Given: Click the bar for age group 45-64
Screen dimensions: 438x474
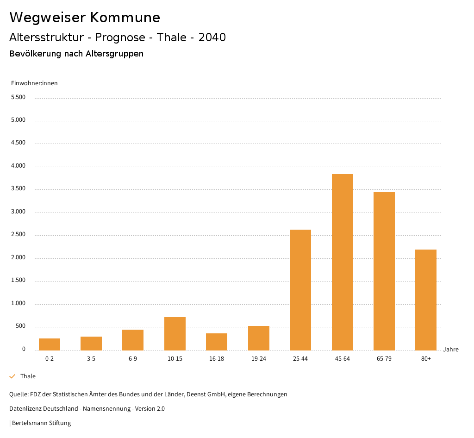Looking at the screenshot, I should point(342,262).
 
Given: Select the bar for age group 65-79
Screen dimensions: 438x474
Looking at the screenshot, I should point(384,271).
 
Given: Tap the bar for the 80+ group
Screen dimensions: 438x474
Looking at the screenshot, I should point(426,300).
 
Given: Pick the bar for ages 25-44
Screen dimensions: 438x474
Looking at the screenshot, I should point(300,290).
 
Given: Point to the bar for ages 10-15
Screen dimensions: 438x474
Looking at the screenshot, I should point(175,333).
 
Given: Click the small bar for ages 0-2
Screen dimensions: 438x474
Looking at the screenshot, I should point(50,344).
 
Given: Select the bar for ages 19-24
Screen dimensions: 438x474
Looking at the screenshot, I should point(259,338).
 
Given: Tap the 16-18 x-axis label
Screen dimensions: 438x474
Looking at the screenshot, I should point(217,359).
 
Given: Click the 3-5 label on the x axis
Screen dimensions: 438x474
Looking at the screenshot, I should point(91,359).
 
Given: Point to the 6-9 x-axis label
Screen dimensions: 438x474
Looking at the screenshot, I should point(133,359).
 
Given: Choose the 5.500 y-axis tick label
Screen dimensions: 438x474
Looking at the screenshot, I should point(18,97).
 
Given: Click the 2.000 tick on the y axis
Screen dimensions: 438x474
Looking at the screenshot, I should point(18,258).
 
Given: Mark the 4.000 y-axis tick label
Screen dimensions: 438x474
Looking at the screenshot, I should point(18,166).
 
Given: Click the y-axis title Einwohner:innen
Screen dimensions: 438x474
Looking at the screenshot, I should point(34,83).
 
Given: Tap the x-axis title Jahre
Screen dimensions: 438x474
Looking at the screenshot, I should point(451,350).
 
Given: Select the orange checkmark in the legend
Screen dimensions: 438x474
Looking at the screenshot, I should point(12,376).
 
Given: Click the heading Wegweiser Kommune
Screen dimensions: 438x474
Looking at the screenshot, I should point(85,18).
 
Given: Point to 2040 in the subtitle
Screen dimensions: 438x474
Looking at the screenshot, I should point(212,38).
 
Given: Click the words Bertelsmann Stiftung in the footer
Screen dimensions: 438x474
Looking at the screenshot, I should point(42,423).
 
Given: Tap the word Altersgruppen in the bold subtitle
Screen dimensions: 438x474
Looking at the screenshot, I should point(114,54).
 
